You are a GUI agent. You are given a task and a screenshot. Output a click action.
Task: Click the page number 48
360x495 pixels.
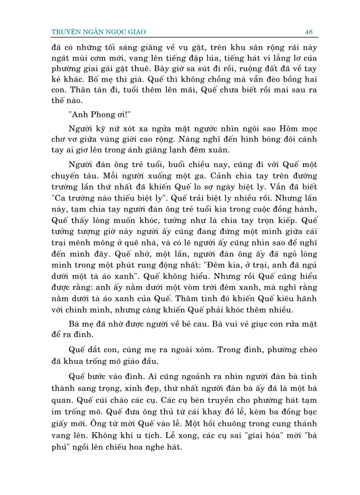pos(308,32)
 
